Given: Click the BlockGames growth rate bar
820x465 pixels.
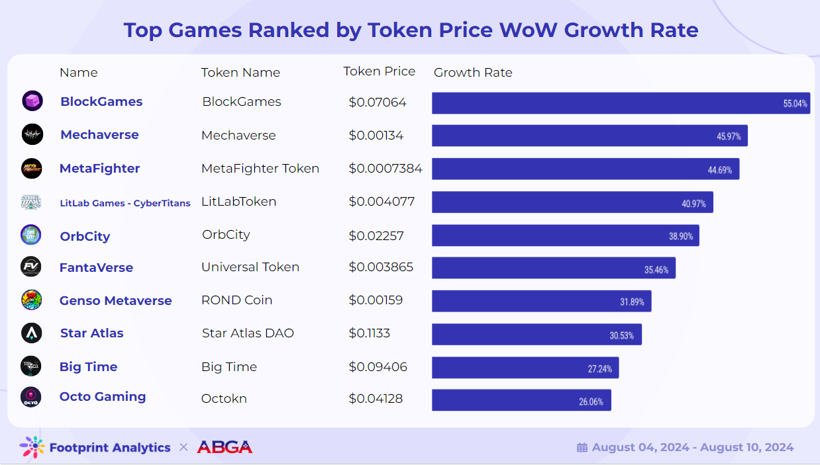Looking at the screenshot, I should pos(621,103).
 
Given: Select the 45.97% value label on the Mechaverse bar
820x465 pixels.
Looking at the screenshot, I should pos(729,136).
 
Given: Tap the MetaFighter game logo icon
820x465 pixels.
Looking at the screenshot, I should pos(32,169).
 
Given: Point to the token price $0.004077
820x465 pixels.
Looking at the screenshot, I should pos(382,202).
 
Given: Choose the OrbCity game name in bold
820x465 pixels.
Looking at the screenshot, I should pos(85,236).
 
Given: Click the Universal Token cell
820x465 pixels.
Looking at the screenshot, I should pos(250,267).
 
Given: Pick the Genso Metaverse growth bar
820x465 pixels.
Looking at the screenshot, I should pos(541,301).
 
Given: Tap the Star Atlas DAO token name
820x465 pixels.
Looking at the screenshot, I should pos(248,333).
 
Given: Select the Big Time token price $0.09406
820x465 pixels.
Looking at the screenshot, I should pos(378,367).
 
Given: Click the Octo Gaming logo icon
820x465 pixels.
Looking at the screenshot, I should pos(31,397).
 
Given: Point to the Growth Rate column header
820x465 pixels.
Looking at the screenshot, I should pos(473,73).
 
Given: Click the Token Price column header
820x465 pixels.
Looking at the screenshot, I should pos(379,71).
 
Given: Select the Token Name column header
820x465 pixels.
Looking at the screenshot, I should pos(240,73).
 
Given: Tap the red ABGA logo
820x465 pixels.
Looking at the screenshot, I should pos(225,447).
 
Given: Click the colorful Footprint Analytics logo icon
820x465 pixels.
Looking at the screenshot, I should pos(32,448).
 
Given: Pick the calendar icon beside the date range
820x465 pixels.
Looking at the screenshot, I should pos(582,448).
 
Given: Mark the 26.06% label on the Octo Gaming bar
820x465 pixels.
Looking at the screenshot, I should pos(591,402).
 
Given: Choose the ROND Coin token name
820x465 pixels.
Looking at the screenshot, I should pos(236,300).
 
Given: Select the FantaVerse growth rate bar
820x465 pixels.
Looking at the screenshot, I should pos(553,268).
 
